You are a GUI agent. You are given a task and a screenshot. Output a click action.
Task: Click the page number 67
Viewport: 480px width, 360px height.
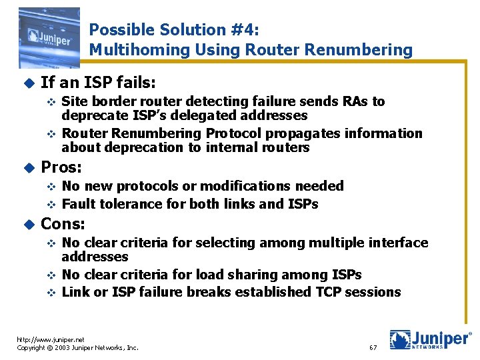point(373,348)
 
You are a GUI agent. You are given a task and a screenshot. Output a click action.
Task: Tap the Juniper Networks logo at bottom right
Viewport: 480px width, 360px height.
point(430,340)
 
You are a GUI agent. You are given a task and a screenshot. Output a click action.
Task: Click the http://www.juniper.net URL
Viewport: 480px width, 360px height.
point(52,339)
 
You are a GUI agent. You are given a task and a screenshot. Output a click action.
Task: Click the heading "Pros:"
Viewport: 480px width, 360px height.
point(61,167)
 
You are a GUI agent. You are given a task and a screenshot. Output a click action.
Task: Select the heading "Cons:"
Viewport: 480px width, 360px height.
point(63,223)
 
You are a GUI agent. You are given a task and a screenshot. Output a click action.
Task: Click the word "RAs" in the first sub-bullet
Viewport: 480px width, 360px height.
point(357,101)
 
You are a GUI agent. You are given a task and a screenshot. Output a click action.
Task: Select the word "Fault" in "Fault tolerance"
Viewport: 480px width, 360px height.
point(78,204)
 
